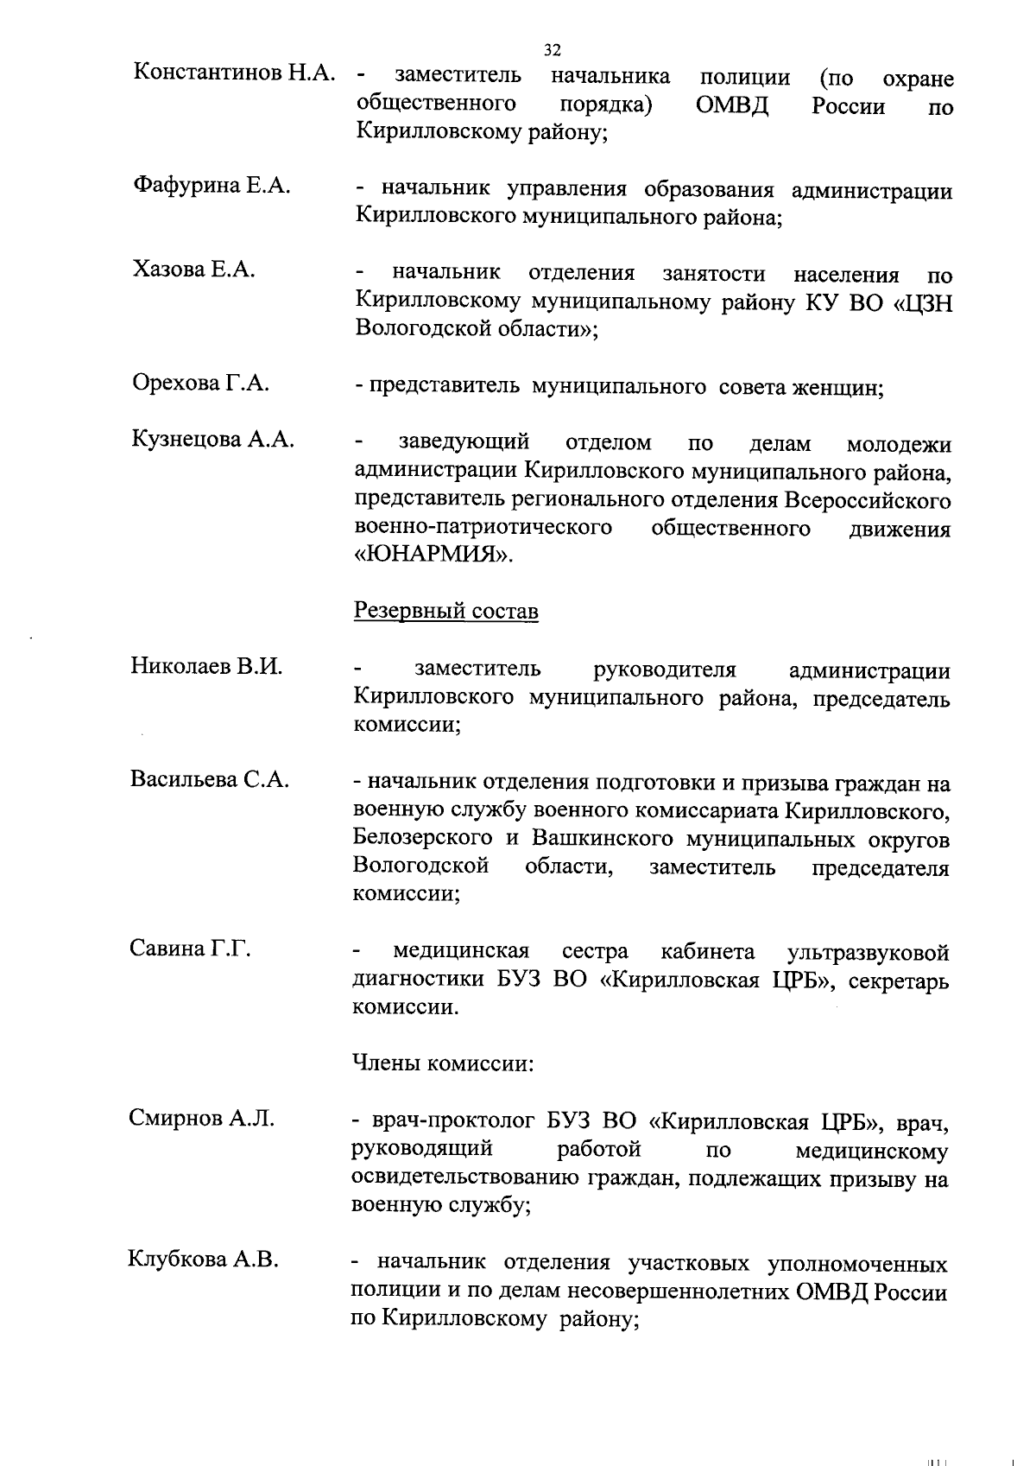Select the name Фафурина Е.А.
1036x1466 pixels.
(212, 186)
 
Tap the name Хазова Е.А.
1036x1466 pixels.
(194, 270)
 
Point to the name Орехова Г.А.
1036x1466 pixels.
(201, 383)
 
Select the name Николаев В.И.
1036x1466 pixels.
(207, 666)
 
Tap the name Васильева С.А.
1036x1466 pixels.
(210, 778)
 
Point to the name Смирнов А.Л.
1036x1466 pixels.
(202, 1119)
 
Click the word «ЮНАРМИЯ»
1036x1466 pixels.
(433, 555)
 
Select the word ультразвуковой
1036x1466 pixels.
(869, 952)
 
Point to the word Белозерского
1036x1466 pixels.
(423, 838)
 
